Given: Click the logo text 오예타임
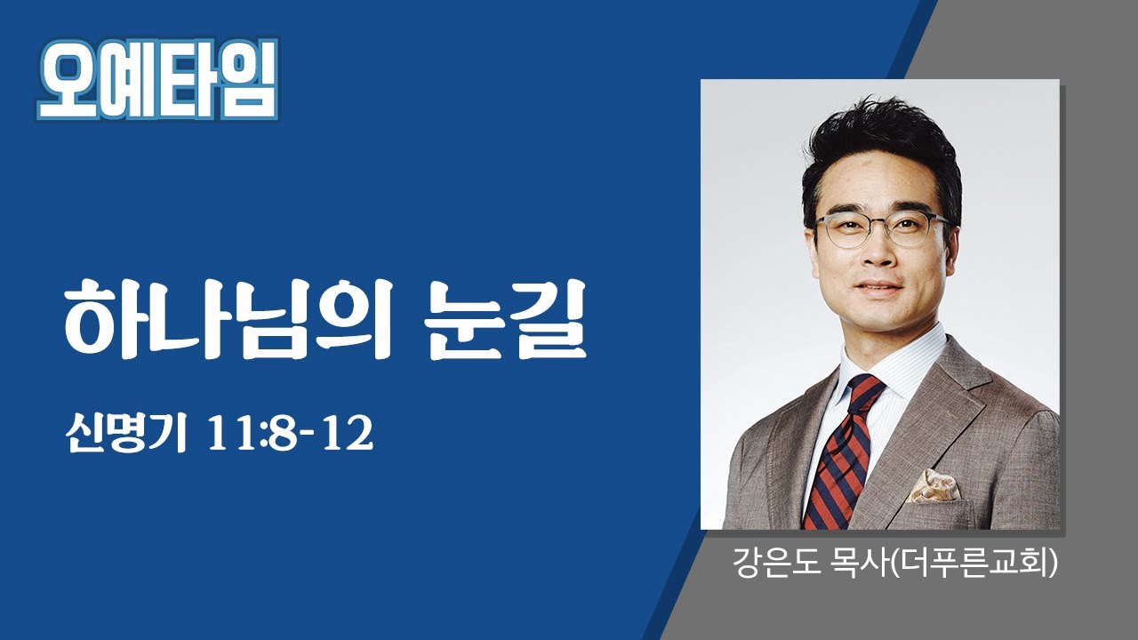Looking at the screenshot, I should point(156,82).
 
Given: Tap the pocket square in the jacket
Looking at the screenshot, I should point(934,486).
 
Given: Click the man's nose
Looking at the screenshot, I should point(876,258).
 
